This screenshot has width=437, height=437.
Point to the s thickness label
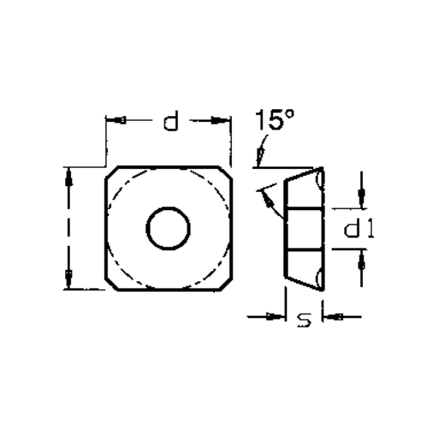pyautogui.click(x=304, y=320)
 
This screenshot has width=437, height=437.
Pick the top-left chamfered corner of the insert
pyautogui.click(x=112, y=173)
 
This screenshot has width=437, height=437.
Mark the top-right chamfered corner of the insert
pyautogui.click(x=225, y=173)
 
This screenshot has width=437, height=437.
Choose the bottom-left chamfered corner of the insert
pyautogui.click(x=112, y=284)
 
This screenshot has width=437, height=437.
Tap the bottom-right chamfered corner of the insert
pyautogui.click(x=226, y=284)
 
